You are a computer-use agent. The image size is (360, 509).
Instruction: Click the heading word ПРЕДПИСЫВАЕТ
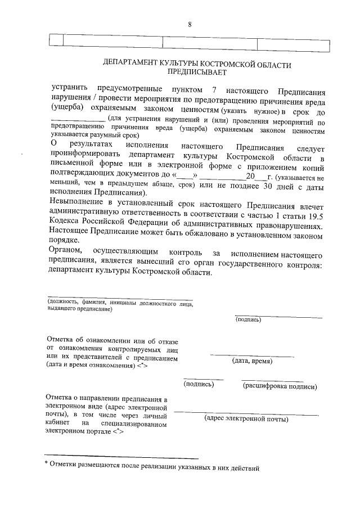point(197,73)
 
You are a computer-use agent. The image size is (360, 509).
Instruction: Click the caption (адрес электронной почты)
point(246,419)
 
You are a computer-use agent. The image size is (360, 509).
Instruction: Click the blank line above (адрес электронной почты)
point(246,413)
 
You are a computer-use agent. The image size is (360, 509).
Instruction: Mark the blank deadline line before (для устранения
point(77,120)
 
